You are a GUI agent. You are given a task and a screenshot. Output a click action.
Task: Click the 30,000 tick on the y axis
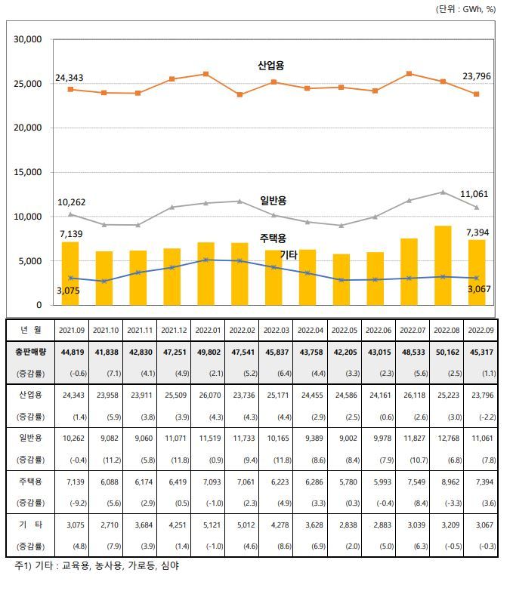click(27, 38)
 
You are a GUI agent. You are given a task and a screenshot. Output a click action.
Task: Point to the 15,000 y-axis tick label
click(27, 172)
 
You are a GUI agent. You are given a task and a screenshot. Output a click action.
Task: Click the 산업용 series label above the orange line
click(270, 66)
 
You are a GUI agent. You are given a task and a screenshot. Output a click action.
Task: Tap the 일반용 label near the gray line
click(273, 200)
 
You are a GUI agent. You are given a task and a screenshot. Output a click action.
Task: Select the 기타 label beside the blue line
click(289, 255)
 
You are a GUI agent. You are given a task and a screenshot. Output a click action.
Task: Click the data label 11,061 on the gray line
click(474, 194)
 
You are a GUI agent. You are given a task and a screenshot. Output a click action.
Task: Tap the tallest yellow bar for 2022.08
click(443, 265)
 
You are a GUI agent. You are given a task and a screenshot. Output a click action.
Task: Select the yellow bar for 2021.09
click(70, 273)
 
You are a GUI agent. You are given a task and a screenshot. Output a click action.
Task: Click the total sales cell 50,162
click(443, 351)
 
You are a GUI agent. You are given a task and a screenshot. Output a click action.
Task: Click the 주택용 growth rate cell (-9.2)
click(70, 500)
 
